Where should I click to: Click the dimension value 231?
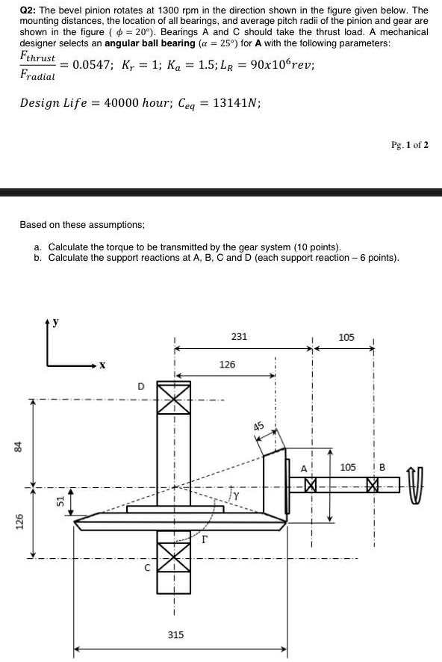click(x=239, y=337)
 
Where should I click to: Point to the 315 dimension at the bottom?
click(x=175, y=634)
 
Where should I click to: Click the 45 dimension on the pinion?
click(x=259, y=427)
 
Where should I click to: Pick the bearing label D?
click(x=140, y=386)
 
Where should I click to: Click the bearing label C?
click(x=147, y=568)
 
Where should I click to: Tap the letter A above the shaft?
click(x=304, y=468)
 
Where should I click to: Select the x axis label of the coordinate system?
click(x=102, y=366)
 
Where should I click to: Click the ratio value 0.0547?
click(x=96, y=64)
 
